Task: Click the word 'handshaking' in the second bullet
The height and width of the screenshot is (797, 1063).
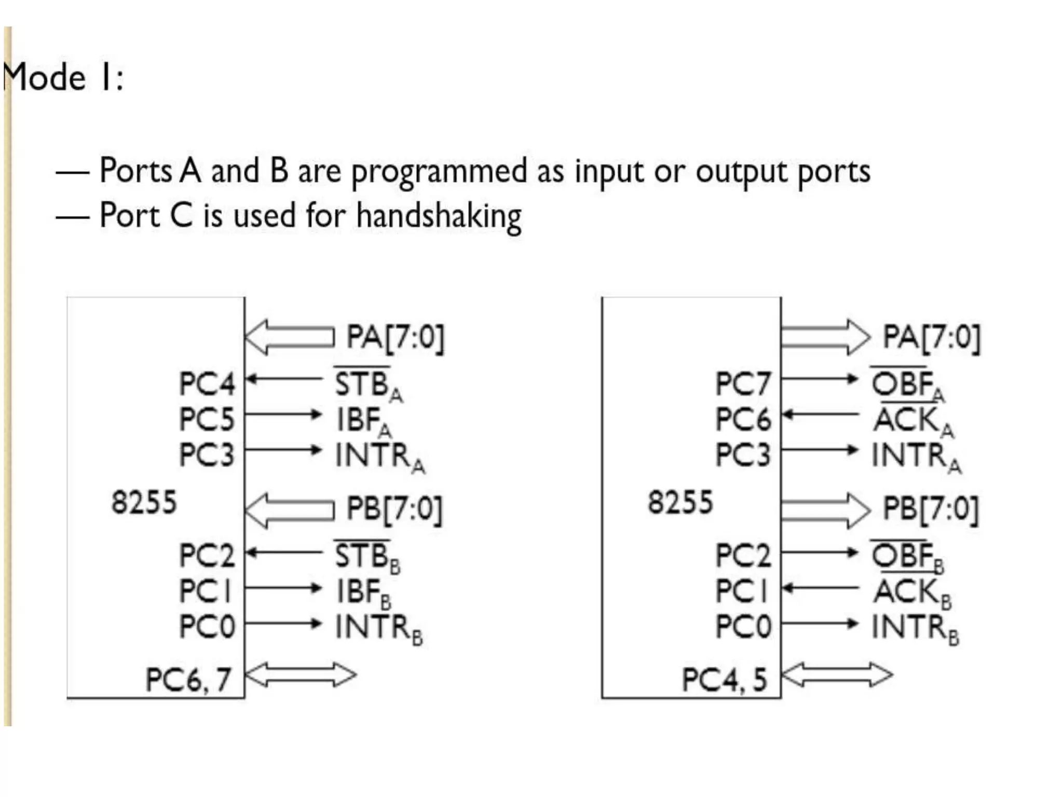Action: pos(439,216)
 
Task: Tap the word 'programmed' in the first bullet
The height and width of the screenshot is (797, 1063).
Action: pos(439,171)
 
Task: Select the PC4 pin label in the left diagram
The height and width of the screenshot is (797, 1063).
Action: pos(207,384)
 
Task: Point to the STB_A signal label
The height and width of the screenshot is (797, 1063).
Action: pos(367,385)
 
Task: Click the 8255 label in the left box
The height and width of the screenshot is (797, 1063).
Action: pos(144,502)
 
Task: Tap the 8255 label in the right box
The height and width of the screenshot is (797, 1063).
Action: pos(680,502)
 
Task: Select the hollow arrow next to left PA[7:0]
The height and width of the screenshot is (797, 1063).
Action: pos(290,337)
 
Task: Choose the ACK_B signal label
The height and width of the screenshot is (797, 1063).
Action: pos(912,593)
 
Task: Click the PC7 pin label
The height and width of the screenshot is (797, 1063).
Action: pos(743,384)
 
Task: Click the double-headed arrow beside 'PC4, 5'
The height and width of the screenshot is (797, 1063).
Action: pos(837,675)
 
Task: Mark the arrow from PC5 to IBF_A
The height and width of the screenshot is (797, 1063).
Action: pos(283,415)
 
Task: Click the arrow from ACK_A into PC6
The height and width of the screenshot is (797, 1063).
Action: pos(820,415)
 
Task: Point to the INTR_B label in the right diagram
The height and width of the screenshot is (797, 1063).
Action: pos(915,628)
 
